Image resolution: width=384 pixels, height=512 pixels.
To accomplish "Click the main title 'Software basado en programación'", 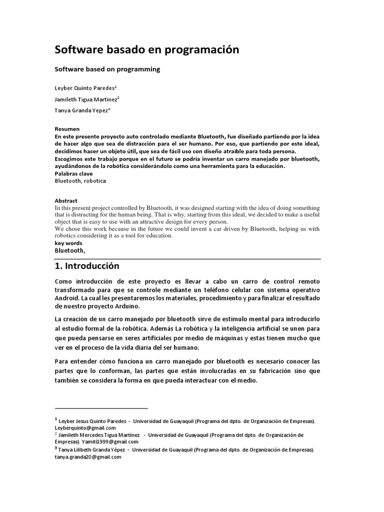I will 146,50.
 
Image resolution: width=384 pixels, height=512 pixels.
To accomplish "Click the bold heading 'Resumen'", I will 67,129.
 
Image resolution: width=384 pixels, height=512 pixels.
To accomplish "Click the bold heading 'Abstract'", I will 66,201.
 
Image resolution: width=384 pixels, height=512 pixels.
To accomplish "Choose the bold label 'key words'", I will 68,242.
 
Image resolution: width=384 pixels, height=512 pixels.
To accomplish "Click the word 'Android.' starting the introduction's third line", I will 67,298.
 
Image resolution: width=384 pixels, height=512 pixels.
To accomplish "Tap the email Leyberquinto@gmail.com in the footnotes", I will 85,428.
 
